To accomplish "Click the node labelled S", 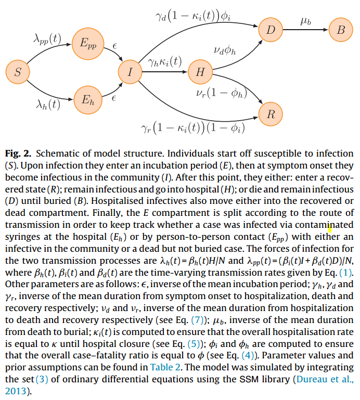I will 18,73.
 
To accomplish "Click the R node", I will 271,114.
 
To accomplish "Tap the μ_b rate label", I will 306,21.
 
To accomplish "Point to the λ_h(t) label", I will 47,105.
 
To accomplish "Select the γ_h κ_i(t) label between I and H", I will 164,62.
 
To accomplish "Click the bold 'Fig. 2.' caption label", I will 18,154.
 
